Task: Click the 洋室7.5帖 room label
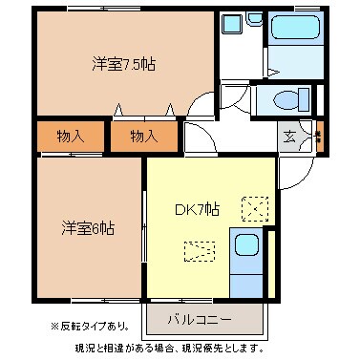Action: pyautogui.click(x=124, y=65)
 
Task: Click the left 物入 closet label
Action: pyautogui.click(x=69, y=137)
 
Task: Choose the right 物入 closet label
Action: pyautogui.click(x=143, y=137)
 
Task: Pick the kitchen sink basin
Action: pyautogui.click(x=247, y=246)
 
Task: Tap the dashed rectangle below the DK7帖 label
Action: pyautogui.click(x=199, y=251)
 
